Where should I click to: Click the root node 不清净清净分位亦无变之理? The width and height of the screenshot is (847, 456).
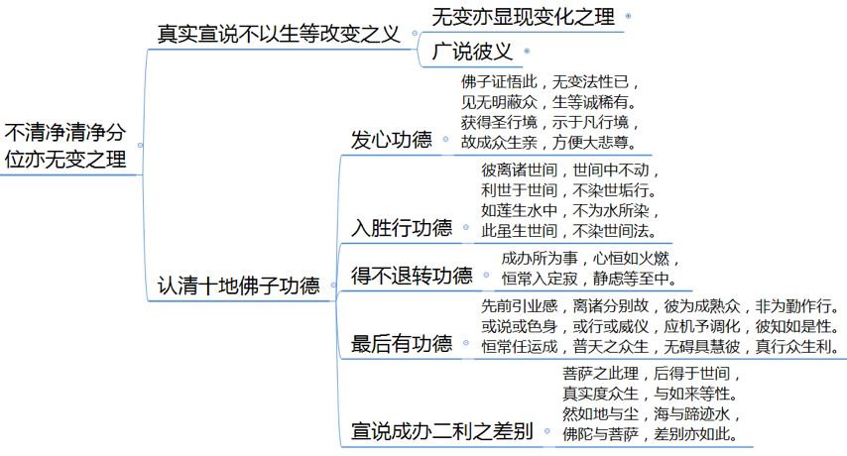(x=66, y=145)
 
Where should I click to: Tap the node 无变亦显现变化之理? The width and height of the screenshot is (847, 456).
(x=523, y=17)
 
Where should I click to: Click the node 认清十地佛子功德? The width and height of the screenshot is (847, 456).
(x=239, y=287)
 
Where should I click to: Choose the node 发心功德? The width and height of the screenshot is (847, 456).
(x=392, y=140)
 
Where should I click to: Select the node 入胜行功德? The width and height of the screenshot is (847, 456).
(x=402, y=227)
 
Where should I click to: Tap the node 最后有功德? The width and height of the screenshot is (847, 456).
(x=402, y=344)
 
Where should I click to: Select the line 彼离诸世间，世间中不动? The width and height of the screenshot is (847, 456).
(x=567, y=170)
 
